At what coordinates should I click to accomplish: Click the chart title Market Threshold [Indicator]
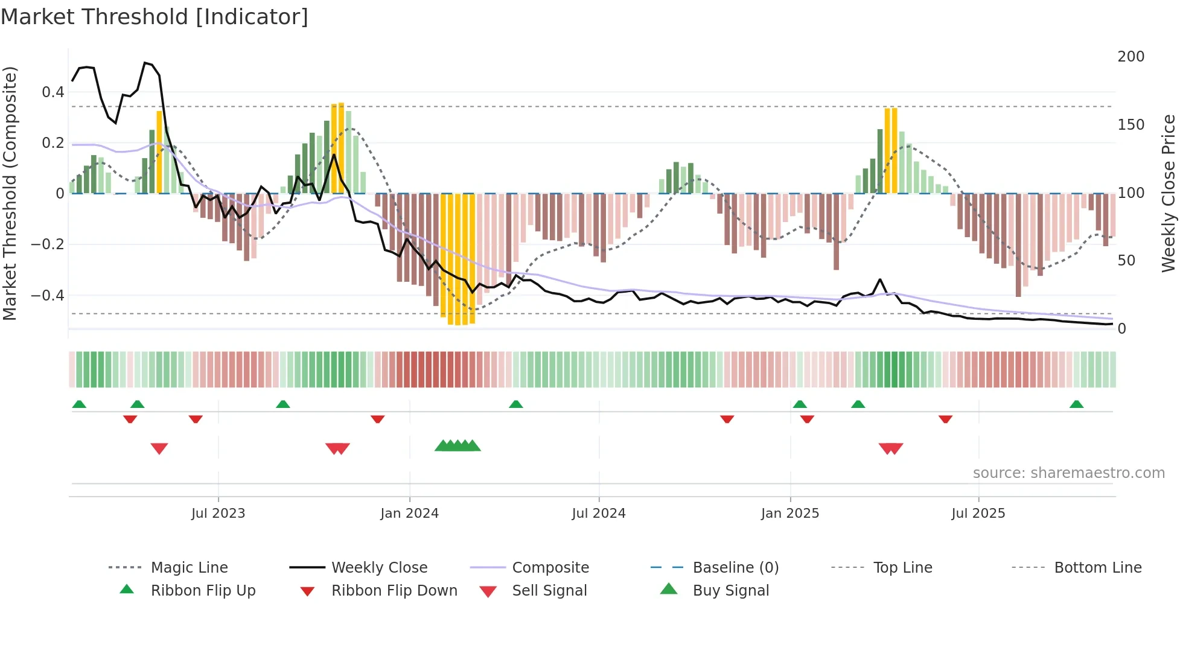tap(155, 17)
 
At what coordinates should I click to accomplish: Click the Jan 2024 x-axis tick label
tap(409, 514)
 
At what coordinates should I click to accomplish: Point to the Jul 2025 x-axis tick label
tap(978, 514)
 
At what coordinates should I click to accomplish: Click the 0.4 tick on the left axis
tap(53, 92)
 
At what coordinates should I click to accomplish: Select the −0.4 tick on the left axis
tap(48, 296)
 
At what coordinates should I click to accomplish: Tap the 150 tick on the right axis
tap(1130, 125)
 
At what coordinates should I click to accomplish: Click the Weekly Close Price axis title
tap(1169, 193)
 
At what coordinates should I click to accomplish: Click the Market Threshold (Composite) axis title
tap(10, 193)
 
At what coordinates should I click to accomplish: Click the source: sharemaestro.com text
tap(1068, 473)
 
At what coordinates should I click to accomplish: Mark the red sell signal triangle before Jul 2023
tap(159, 448)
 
